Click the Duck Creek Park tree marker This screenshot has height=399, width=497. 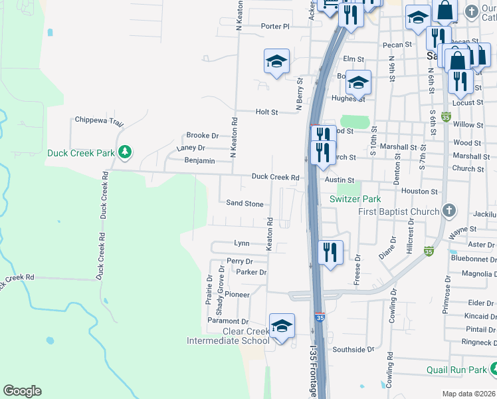coord(124,152)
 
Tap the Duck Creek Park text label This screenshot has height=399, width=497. coord(80,152)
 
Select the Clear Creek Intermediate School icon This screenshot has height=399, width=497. coord(282,326)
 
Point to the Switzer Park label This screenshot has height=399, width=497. coord(355,199)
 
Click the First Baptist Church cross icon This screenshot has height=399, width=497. coord(449,211)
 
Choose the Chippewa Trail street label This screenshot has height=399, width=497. coord(100,121)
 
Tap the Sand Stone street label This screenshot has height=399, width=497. coord(245,203)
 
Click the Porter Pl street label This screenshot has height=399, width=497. coord(275,27)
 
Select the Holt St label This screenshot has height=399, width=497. coord(266,112)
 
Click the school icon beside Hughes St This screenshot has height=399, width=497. coord(358,82)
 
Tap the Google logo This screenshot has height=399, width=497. coord(22,391)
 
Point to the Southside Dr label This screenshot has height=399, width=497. coord(353,349)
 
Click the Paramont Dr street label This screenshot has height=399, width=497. coord(227,321)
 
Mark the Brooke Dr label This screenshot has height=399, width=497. coord(202,135)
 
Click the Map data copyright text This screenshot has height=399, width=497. coord(468,394)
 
